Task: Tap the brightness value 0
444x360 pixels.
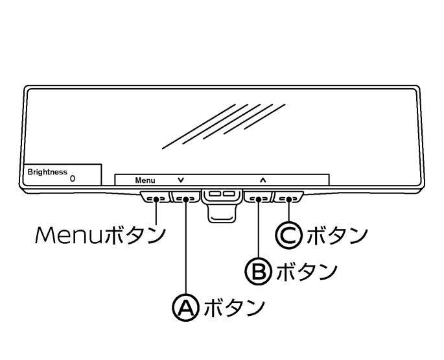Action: pyautogui.click(x=72, y=176)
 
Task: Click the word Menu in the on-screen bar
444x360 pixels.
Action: pyautogui.click(x=145, y=180)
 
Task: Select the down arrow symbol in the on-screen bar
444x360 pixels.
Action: pyautogui.click(x=180, y=180)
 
